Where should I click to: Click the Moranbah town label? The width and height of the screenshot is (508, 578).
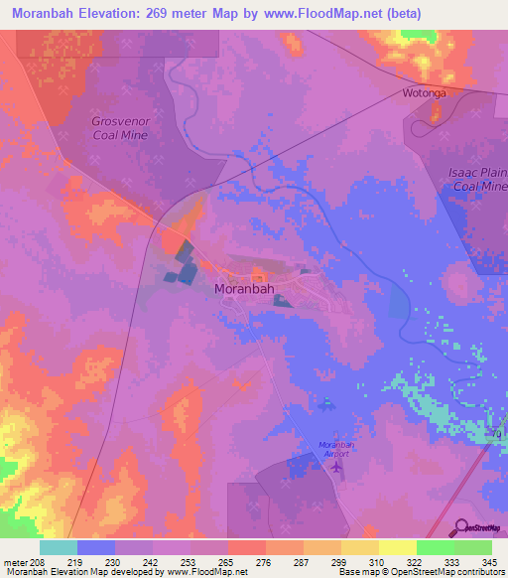pyautogui.click(x=245, y=290)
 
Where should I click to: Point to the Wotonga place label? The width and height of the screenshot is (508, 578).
pyautogui.click(x=425, y=92)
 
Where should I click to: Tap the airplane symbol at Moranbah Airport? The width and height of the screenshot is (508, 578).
pyautogui.click(x=337, y=465)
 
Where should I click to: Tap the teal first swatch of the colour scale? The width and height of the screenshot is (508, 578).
pyautogui.click(x=58, y=547)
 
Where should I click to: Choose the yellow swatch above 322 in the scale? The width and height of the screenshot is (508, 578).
pyautogui.click(x=397, y=547)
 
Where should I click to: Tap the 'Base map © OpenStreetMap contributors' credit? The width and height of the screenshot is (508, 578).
pyautogui.click(x=420, y=572)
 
